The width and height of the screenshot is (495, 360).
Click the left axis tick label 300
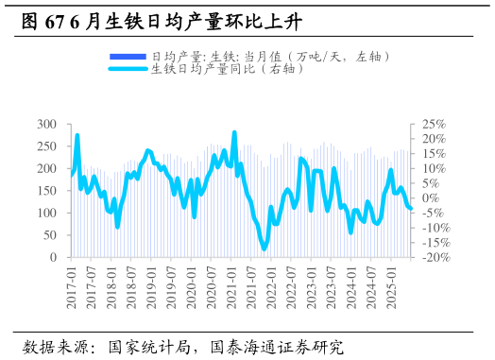pos(47,124)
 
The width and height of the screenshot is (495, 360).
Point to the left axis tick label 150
pos(47,191)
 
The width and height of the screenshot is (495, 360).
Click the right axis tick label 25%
pos(433,124)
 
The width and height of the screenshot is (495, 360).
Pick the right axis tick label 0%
pos(430,198)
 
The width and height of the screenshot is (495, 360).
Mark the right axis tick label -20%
pos(435,257)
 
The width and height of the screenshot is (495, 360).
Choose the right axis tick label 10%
pos(433,168)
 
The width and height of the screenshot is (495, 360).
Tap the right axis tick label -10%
pos(435,228)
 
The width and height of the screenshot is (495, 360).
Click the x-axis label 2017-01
pos(72,285)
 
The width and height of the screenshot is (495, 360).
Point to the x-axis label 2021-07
pos(250,285)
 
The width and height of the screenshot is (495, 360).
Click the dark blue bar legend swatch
pos(128,57)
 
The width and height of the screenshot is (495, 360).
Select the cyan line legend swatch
pos(128,69)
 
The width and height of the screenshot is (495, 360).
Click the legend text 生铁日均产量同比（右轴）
pos(228,69)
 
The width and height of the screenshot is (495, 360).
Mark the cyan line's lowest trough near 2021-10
pos(265,248)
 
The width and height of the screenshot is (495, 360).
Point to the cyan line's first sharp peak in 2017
pos(77,136)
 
